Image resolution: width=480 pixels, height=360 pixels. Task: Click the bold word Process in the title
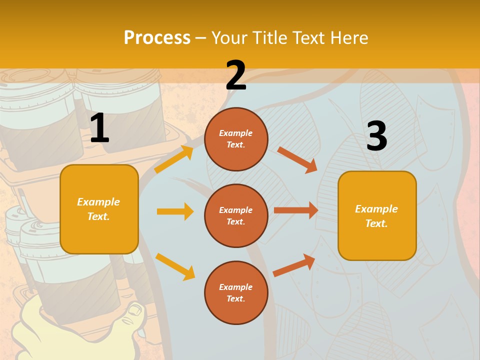click(x=157, y=37)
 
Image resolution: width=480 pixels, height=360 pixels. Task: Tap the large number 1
click(x=99, y=128)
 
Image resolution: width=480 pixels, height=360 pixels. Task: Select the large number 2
click(x=236, y=75)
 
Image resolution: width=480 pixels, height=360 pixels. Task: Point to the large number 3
click(x=376, y=136)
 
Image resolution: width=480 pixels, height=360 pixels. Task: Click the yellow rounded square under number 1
click(x=99, y=209)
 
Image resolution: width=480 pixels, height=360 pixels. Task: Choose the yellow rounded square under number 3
click(x=377, y=215)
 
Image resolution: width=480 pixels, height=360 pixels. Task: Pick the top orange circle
click(x=236, y=138)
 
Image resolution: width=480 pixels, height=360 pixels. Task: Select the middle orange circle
click(x=236, y=215)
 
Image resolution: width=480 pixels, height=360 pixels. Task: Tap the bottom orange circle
click(x=236, y=292)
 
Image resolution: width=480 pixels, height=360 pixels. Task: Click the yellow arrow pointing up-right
click(x=173, y=159)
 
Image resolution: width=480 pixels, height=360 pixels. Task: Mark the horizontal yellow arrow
click(x=175, y=211)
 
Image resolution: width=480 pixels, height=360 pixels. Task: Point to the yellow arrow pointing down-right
click(x=175, y=266)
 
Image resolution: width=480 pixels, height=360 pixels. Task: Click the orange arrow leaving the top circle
click(x=297, y=160)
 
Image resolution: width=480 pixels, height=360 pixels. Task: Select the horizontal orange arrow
click(x=296, y=210)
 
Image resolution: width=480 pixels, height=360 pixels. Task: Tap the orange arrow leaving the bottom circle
click(x=294, y=265)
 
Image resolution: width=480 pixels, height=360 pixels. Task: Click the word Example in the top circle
click(x=236, y=133)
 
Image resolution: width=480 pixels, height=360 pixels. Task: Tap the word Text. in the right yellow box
click(x=377, y=223)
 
